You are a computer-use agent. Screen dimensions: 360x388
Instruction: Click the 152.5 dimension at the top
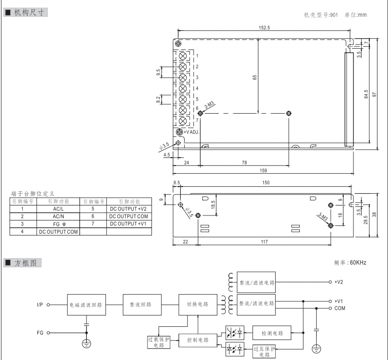(264, 27)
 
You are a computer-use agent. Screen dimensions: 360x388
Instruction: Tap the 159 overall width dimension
(263, 170)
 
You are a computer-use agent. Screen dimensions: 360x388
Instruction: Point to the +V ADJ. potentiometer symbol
(180, 131)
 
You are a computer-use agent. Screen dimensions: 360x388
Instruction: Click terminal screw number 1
(182, 56)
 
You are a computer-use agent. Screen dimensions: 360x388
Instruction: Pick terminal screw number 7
(182, 121)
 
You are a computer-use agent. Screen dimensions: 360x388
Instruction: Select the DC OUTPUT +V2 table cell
(127, 209)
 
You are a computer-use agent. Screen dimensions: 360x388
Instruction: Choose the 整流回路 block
(143, 305)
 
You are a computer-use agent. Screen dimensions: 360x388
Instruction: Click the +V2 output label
(338, 282)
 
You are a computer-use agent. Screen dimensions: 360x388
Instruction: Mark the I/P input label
(40, 305)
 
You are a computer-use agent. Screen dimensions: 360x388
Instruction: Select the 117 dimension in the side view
(264, 242)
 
